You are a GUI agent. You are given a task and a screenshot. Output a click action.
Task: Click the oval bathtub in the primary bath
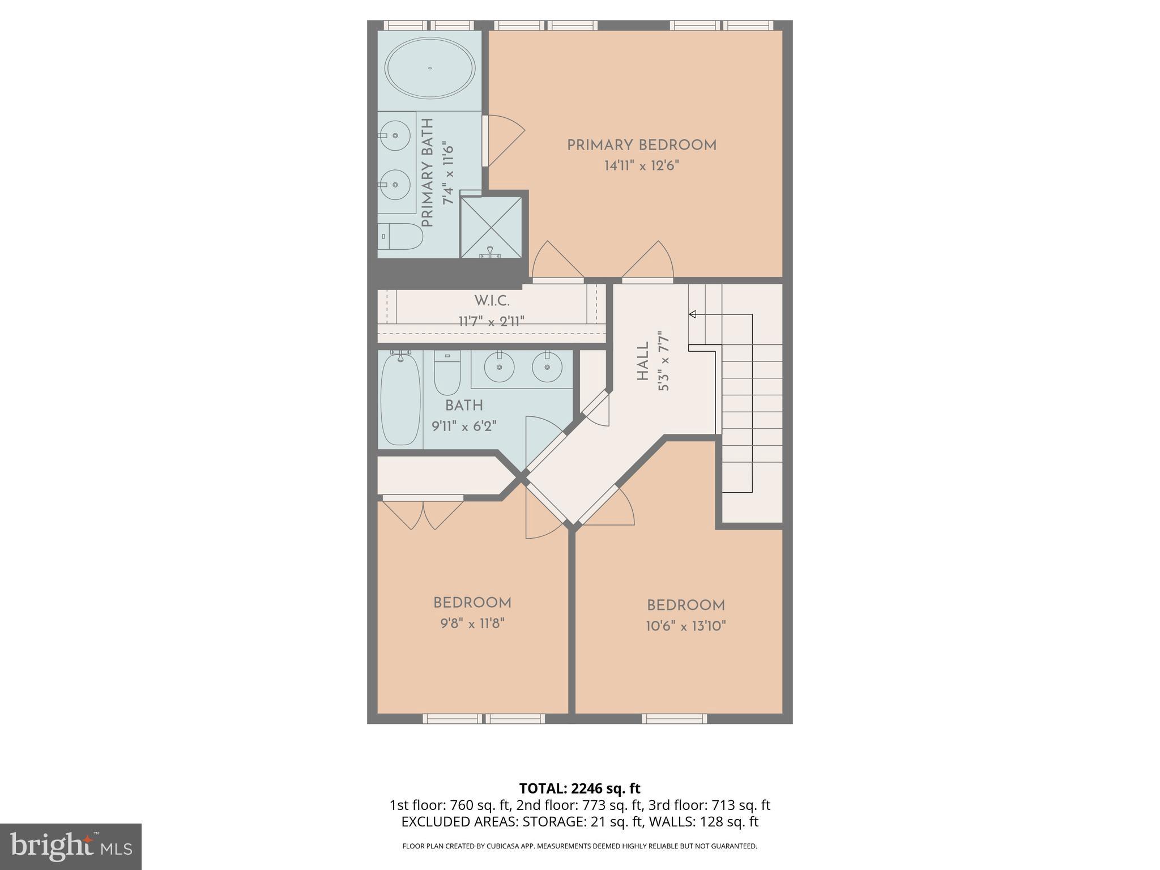(430, 68)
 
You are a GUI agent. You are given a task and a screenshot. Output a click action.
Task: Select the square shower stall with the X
(491, 227)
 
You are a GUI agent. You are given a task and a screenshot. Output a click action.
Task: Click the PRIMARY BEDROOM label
(642, 145)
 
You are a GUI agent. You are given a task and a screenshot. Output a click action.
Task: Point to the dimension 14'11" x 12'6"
(641, 166)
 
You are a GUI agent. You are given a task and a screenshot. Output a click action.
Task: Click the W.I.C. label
(492, 301)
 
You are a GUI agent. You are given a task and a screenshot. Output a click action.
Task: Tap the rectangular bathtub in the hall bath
(400, 399)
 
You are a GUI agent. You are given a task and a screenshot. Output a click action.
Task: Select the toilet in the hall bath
(447, 373)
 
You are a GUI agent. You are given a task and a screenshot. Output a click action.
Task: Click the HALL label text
(643, 362)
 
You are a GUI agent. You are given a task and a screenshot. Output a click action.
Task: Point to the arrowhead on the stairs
(692, 314)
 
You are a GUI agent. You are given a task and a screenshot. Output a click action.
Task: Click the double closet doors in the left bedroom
(423, 513)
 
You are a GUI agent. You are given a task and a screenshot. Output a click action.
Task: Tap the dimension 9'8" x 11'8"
(472, 624)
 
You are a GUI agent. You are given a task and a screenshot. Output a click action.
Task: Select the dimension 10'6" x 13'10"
(686, 626)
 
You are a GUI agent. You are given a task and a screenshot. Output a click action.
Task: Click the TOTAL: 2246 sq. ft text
(579, 788)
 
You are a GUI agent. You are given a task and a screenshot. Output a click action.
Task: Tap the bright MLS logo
(70, 846)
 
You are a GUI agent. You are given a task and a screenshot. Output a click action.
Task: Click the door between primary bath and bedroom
(486, 141)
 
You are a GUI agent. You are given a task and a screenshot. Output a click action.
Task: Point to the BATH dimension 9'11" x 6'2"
(464, 426)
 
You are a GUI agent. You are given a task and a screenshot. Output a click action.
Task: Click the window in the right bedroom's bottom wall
(674, 718)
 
